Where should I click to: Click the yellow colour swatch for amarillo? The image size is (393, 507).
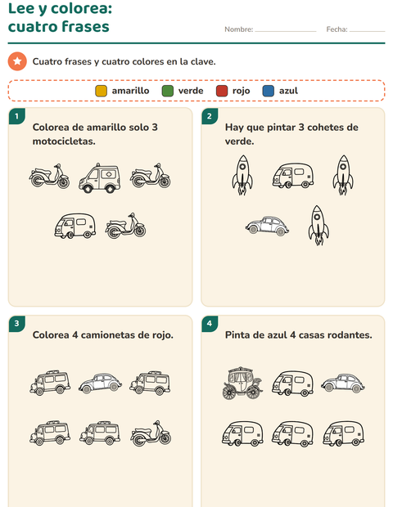click(101, 91)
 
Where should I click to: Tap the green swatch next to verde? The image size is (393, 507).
click(167, 91)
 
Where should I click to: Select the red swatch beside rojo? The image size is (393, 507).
click(222, 91)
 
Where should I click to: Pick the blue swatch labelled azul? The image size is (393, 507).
click(269, 91)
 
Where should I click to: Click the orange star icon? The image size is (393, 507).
click(17, 61)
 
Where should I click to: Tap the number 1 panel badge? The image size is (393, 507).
click(17, 116)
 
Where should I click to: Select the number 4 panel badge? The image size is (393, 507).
click(210, 324)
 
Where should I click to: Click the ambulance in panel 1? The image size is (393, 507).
click(100, 177)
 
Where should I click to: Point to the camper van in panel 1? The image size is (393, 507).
click(75, 226)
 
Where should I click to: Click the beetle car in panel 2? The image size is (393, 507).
click(267, 226)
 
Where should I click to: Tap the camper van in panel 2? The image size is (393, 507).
click(292, 176)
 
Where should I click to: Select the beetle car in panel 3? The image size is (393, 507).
click(100, 384)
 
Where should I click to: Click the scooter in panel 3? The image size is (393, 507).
click(151, 433)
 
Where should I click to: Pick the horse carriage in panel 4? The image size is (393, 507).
click(242, 383)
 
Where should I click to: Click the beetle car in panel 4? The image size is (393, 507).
click(343, 384)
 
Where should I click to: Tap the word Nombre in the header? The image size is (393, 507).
click(238, 29)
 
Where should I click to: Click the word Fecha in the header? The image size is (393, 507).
click(337, 29)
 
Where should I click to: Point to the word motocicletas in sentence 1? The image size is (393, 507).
click(64, 141)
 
